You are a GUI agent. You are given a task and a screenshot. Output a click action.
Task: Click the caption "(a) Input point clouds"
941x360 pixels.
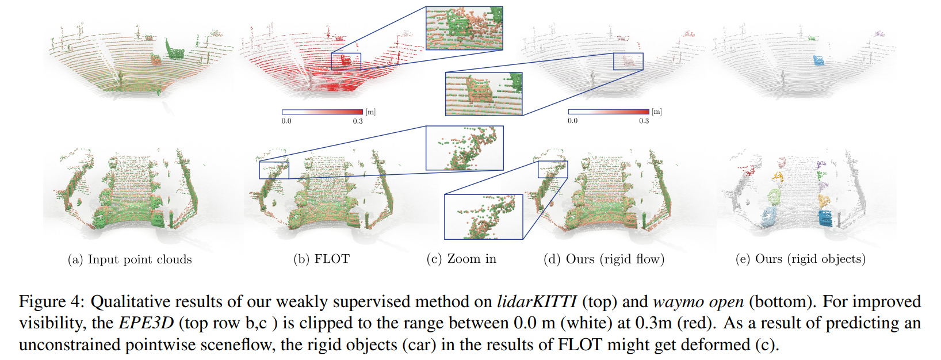(x=129, y=259)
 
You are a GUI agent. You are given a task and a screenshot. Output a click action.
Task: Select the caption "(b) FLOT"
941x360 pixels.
(x=322, y=259)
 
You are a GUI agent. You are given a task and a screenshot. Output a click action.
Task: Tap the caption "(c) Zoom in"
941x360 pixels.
(x=461, y=259)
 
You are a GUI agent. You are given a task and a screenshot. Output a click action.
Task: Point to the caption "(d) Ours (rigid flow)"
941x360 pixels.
(x=604, y=259)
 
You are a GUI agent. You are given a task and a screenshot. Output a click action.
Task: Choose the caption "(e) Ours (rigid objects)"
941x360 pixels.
(x=800, y=259)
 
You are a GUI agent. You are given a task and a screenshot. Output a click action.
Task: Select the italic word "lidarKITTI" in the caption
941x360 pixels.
(x=537, y=302)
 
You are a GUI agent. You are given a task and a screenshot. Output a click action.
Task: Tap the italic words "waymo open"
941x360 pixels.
(x=698, y=302)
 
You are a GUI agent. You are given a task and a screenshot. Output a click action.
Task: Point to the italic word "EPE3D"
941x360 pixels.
(x=146, y=323)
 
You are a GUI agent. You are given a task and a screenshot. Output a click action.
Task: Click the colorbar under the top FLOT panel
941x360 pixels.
(x=322, y=112)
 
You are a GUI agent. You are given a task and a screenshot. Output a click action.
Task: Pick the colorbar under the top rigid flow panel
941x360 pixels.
(x=609, y=112)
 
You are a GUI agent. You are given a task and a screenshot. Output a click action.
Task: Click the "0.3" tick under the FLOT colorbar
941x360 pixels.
(x=358, y=121)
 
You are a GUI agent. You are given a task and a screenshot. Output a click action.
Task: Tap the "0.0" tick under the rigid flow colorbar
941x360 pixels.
(x=572, y=121)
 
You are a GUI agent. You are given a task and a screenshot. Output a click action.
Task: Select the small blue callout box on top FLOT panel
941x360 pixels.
(x=346, y=62)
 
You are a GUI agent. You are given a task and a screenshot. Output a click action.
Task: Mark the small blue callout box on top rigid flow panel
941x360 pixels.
(x=628, y=62)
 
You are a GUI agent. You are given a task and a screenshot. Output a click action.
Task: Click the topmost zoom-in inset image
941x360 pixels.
(x=464, y=28)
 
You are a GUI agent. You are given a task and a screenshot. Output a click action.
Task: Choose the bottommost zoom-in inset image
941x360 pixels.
(x=483, y=217)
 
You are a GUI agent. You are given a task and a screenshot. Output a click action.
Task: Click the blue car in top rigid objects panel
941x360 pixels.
(x=818, y=60)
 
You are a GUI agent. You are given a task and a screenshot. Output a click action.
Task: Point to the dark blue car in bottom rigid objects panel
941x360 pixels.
(x=825, y=218)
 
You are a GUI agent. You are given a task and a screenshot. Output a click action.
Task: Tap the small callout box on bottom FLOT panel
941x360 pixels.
(x=274, y=170)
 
